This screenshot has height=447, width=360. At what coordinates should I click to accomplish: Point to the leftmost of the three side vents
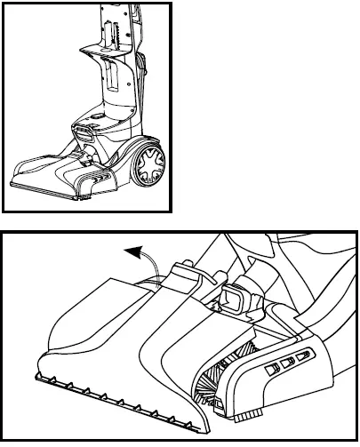click(x=270, y=369)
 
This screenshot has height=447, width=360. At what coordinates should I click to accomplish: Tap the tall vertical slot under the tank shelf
click(x=113, y=81)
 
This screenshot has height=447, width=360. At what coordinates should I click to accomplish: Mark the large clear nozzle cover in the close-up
click(x=107, y=329)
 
